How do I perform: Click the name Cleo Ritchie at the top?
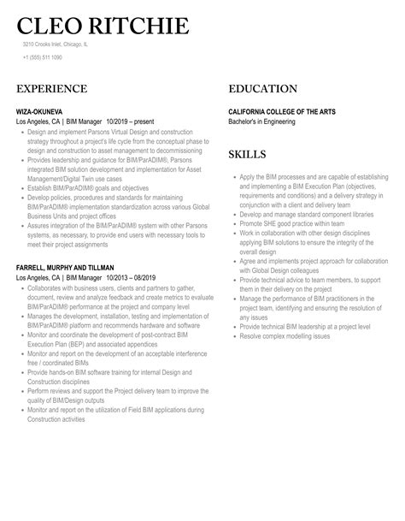click(x=103, y=27)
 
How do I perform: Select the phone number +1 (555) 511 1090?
click(x=43, y=58)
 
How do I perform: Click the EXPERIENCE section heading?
click(x=51, y=89)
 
